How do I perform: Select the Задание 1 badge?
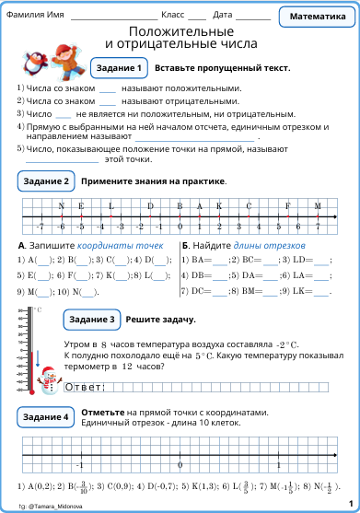118,68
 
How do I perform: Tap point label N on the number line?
61,205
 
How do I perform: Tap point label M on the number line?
318,205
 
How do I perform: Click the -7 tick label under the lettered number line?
40,226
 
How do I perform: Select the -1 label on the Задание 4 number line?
80,463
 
